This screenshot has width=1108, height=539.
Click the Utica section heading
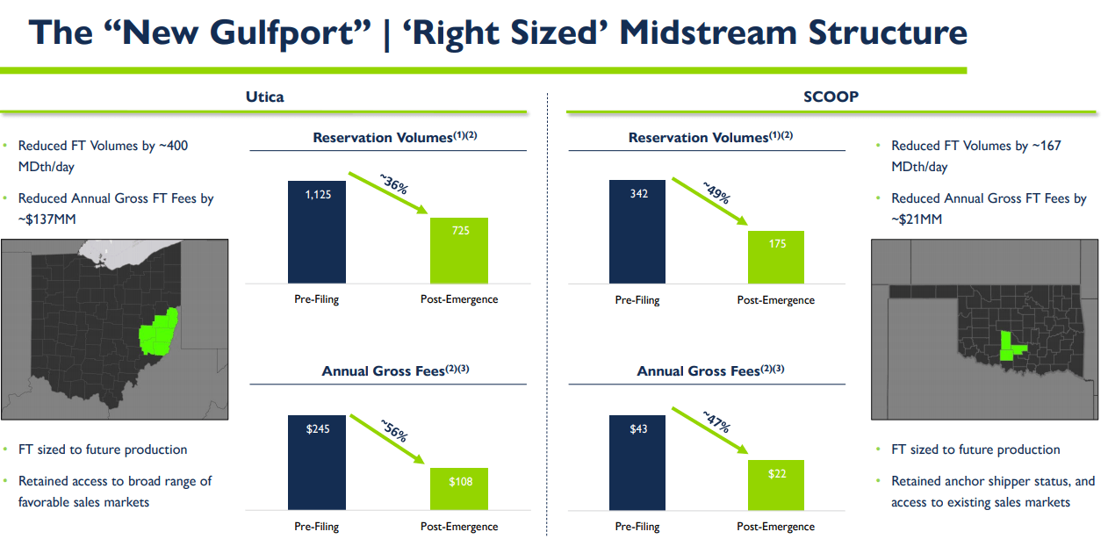[x=264, y=97]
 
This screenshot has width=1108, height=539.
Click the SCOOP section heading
[x=831, y=97]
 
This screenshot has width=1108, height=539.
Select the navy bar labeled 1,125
[x=316, y=232]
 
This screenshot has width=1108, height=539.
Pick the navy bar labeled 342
[x=637, y=232]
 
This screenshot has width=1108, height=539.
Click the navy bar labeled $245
[x=316, y=462]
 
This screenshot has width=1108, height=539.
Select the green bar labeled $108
[x=458, y=488]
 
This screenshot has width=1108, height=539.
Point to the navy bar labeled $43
[x=637, y=462]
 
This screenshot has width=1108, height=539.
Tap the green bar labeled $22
[x=775, y=485]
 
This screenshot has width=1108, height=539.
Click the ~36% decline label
[x=394, y=187]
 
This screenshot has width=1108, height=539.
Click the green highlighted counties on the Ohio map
[x=158, y=331]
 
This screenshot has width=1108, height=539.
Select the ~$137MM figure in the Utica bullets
[x=47, y=219]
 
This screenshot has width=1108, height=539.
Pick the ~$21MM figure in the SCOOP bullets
[x=917, y=219]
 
